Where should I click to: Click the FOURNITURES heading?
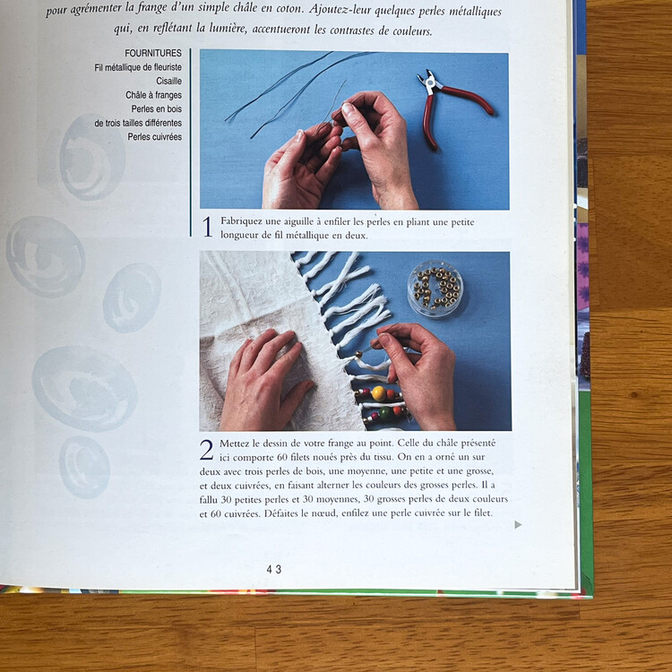(153, 53)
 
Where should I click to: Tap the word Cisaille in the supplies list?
(168, 81)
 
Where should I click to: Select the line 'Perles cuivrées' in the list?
(155, 137)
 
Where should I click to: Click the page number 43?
(274, 569)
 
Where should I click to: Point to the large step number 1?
(207, 227)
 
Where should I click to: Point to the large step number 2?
(207, 450)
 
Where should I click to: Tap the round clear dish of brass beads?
(435, 289)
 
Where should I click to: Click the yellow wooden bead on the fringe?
(379, 393)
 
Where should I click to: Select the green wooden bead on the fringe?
(385, 414)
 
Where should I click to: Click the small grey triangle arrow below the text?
(518, 524)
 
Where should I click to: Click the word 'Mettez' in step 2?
(234, 444)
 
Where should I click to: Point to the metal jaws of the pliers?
(429, 81)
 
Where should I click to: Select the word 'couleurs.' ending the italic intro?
(413, 31)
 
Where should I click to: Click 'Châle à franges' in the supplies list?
(153, 95)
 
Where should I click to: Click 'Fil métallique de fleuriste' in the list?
(138, 67)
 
